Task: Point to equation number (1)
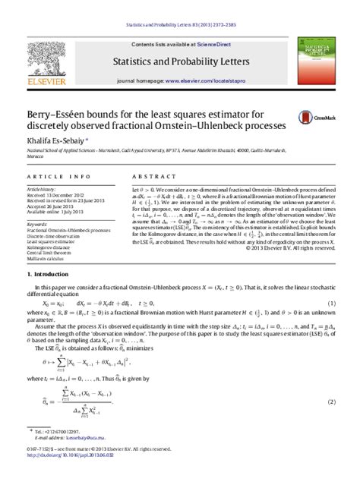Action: (331, 324)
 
